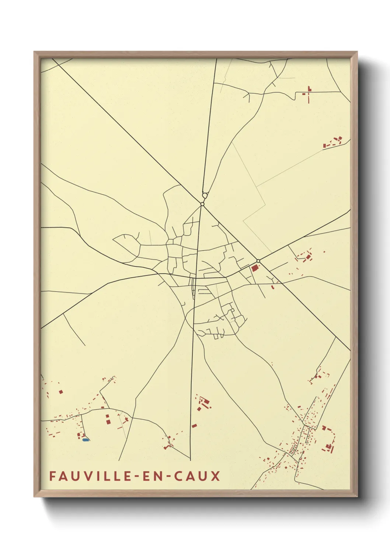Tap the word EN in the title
click(151, 476)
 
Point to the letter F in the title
click(52, 476)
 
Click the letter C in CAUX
click(177, 476)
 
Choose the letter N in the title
click(156, 476)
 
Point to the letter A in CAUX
click(189, 476)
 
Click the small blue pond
click(86, 440)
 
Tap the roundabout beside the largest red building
click(258, 261)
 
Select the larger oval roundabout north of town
click(205, 196)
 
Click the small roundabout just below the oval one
click(202, 204)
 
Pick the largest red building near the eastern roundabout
click(255, 268)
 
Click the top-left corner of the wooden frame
click(34, 52)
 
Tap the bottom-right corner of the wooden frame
click(357, 496)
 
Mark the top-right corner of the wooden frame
click(357, 52)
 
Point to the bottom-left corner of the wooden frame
click(34, 496)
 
